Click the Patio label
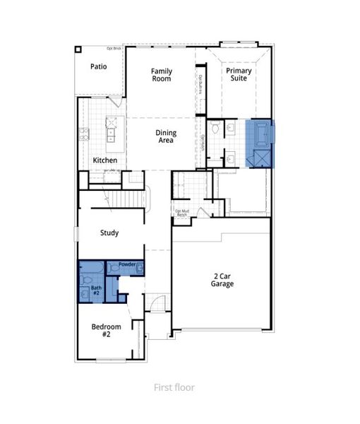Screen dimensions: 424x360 pyautogui.click(x=98, y=66)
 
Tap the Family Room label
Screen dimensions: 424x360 pyautogui.click(x=162, y=75)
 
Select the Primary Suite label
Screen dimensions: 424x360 pyautogui.click(x=237, y=75)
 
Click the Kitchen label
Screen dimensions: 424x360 pyautogui.click(x=105, y=160)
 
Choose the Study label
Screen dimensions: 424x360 pyautogui.click(x=109, y=232)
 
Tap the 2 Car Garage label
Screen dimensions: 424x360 pyautogui.click(x=222, y=280)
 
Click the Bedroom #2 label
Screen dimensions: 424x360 pyautogui.click(x=106, y=330)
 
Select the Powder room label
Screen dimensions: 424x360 pyautogui.click(x=127, y=264)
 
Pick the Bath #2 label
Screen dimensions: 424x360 pyautogui.click(x=96, y=290)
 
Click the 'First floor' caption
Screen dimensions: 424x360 pyautogui.click(x=174, y=387)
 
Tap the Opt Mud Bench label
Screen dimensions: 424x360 pyautogui.click(x=181, y=212)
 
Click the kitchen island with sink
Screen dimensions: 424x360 pyautogui.click(x=111, y=130)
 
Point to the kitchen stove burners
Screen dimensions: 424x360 pyautogui.click(x=84, y=134)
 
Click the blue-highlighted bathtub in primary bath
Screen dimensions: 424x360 pyautogui.click(x=258, y=132)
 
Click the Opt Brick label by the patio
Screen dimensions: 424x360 pyautogui.click(x=113, y=49)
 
